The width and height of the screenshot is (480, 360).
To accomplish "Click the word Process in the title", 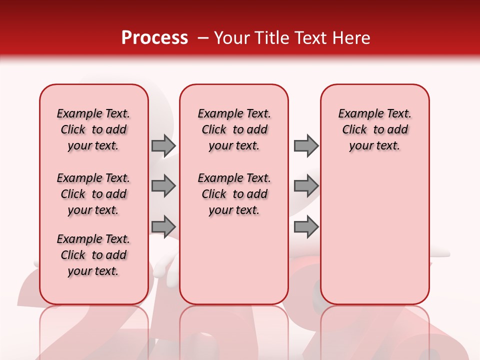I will (154, 38).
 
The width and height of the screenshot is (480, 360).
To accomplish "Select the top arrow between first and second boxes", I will (163, 145).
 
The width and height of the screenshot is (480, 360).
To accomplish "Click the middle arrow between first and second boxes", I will (163, 186).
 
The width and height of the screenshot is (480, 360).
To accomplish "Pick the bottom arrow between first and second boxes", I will (163, 226).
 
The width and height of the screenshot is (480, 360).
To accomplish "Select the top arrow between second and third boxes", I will (306, 145).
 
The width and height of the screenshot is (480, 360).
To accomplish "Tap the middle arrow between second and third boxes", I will (306, 186).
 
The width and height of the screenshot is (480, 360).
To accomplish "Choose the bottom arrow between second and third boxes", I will (306, 226).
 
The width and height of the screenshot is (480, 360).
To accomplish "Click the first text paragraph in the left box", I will (93, 129).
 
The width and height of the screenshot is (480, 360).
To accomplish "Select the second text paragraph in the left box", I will (93, 194).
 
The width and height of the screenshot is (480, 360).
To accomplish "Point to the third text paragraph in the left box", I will (93, 255).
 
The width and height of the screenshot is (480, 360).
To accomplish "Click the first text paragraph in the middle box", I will (234, 129).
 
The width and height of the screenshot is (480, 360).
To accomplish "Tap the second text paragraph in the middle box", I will (234, 194).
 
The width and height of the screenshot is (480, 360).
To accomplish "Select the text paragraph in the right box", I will (375, 129).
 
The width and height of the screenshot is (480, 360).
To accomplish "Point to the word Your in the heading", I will (231, 38).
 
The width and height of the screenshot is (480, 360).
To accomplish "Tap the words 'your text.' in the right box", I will (374, 146).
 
